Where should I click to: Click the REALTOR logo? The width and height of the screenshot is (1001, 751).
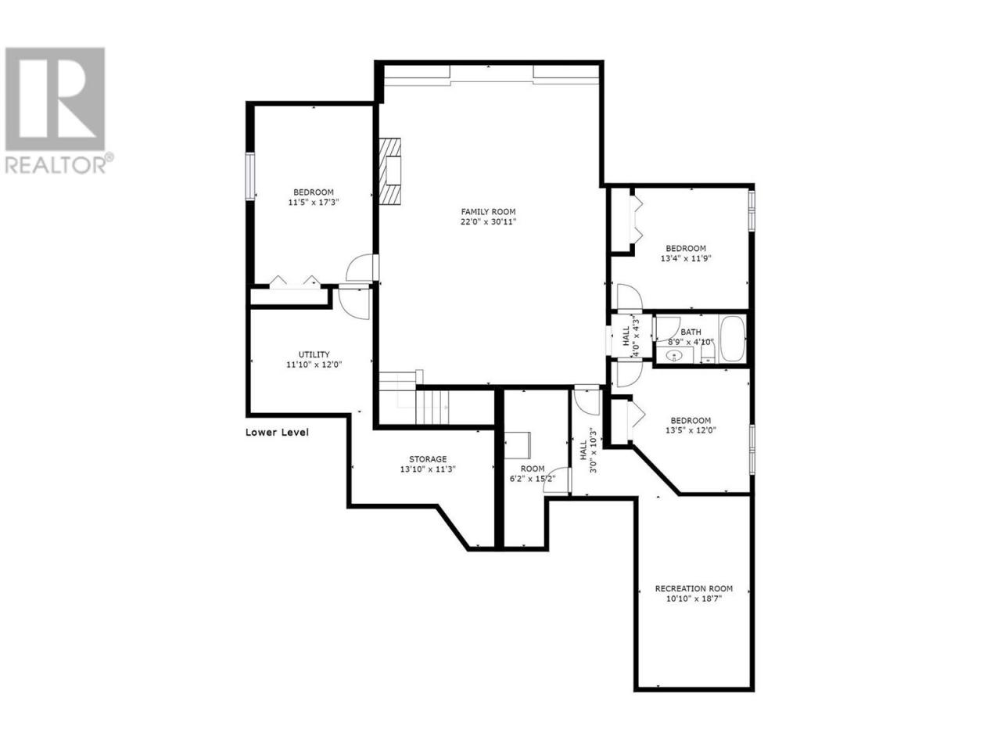(58, 110)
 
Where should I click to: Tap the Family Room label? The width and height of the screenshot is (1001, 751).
(488, 211)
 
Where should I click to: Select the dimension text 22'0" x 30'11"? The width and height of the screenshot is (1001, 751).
(488, 222)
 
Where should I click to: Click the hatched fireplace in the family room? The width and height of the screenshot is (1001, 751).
(390, 171)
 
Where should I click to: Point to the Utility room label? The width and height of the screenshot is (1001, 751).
(314, 354)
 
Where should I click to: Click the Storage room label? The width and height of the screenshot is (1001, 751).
(427, 459)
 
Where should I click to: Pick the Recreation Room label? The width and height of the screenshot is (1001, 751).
(694, 588)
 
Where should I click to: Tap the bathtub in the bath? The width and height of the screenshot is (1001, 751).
(732, 340)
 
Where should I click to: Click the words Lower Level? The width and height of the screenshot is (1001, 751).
(277, 433)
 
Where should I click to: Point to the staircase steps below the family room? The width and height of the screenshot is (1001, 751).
(432, 407)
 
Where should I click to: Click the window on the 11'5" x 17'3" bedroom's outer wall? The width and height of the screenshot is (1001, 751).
(250, 176)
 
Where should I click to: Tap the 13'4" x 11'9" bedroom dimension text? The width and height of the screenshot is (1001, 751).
(686, 258)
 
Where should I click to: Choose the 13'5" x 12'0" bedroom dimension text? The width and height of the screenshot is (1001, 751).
(690, 430)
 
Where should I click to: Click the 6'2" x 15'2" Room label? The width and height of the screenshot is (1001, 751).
(533, 469)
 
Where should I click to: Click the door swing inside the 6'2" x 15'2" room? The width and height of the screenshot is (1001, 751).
(556, 480)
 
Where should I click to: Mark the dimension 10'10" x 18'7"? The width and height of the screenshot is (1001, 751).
(694, 599)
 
